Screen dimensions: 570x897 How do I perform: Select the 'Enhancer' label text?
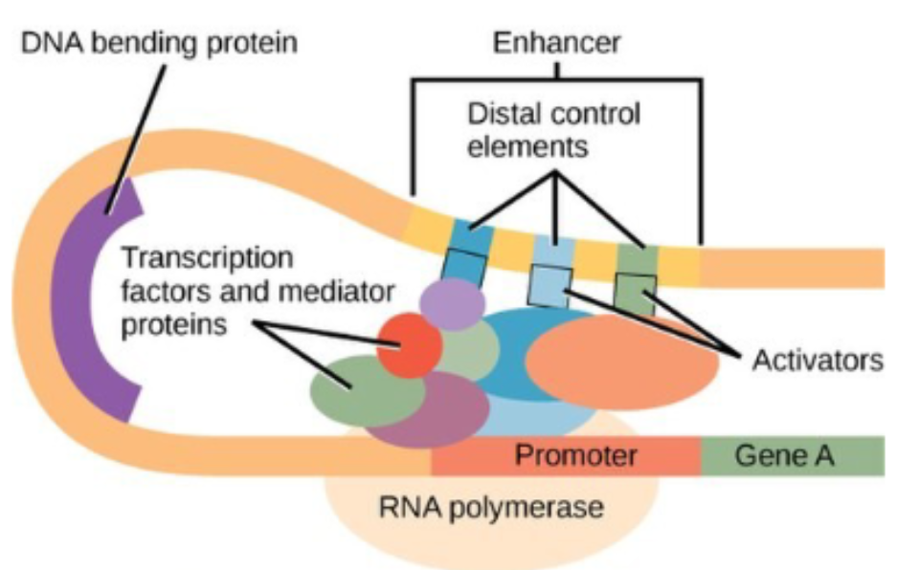coord(556,42)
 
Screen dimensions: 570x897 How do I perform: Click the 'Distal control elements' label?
coord(553,131)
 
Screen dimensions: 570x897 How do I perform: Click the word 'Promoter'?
coord(575,455)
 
